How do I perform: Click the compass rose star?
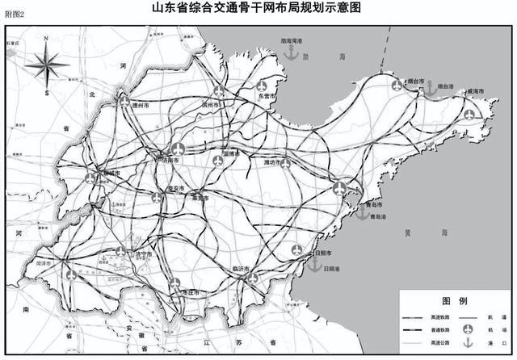(x=47, y=64)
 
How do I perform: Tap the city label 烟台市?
(x=416, y=82)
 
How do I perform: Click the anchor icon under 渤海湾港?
(x=288, y=52)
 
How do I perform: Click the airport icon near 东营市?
(x=261, y=85)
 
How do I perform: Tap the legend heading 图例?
(x=456, y=300)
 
